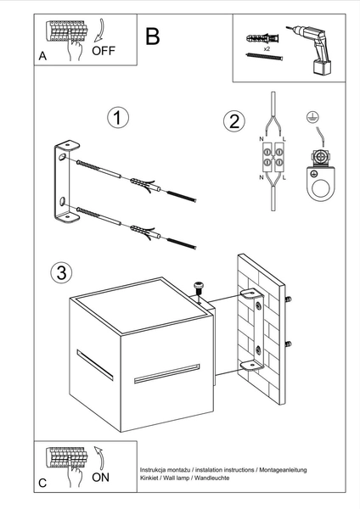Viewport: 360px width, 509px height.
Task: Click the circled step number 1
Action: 119,119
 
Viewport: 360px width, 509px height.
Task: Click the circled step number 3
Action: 59,273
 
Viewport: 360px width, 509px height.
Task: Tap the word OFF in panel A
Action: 104,51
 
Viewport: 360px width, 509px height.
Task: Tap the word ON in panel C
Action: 100,478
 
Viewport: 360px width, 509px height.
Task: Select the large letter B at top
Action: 153,36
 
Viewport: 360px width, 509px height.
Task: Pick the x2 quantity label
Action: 267,51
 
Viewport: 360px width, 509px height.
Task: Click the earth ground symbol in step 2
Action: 313,117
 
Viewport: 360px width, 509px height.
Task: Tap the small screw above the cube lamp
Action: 200,287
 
